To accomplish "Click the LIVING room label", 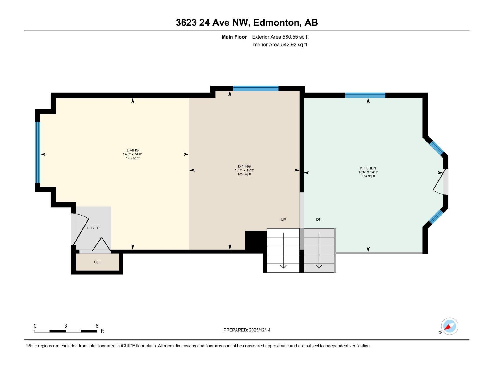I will pos(132,150).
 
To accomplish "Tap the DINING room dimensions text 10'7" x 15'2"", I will pos(244,170).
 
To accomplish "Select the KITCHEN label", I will pos(368,168).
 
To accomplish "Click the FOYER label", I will pos(93,228).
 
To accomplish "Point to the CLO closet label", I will pos(98,262).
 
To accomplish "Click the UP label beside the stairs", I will pos(283,220).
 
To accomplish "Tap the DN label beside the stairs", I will pos(319,220).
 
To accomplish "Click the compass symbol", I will pos(449,326).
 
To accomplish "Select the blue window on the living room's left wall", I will pos(37,152).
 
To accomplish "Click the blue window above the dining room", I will pos(256,88).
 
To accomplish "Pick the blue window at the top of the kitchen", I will pos(365,95).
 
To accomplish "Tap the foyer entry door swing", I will pos(81,228).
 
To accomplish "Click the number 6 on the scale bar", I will pos(97,326).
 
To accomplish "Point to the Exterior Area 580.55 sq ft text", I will pos(280,37).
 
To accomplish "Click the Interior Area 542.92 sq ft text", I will pos(279,45).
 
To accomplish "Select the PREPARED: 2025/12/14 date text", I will pos(247,330).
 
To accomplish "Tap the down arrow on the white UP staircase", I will pos(283,251).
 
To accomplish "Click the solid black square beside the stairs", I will pos(256,241).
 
